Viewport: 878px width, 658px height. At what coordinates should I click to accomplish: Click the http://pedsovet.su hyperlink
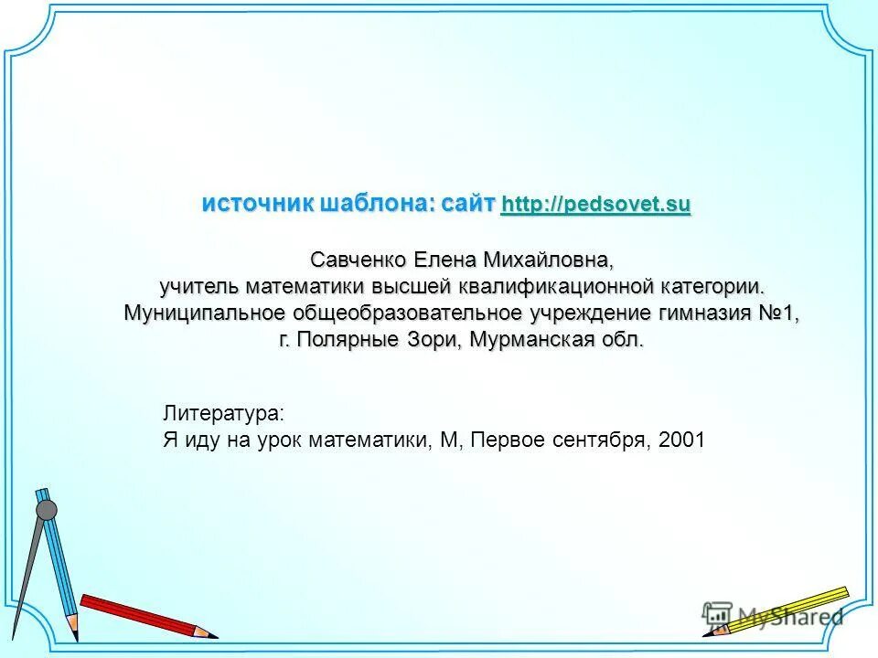tap(596, 204)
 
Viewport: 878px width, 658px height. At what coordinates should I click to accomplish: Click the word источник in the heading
tap(258, 203)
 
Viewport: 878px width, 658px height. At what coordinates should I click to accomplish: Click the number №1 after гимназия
tap(779, 313)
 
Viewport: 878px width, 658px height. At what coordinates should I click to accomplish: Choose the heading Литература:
tap(223, 413)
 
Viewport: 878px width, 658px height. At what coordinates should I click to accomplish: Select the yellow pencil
tap(787, 609)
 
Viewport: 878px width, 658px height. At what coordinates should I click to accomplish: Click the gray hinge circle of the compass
tap(46, 510)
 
